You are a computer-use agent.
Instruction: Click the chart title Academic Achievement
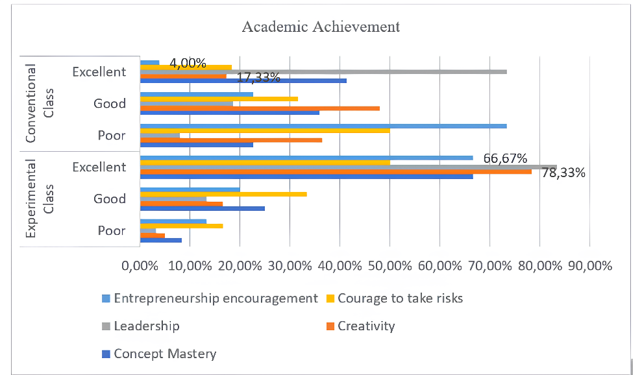click(321, 27)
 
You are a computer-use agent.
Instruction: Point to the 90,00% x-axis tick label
click(589, 266)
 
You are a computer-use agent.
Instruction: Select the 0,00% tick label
click(140, 266)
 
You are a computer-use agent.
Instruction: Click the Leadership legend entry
click(146, 326)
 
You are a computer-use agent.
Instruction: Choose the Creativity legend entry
click(365, 326)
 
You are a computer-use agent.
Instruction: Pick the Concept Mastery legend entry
click(164, 354)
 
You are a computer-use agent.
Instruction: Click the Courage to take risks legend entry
click(400, 298)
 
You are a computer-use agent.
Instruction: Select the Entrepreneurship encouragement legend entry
click(215, 298)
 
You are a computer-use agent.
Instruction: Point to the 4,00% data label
click(188, 63)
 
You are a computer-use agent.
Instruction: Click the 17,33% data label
click(258, 77)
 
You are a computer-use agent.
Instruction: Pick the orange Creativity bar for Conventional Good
click(260, 108)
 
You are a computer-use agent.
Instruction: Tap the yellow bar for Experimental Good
click(223, 194)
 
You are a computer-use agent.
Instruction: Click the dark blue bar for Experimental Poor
click(161, 240)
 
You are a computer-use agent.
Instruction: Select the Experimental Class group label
click(40, 199)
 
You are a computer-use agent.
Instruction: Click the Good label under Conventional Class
click(110, 103)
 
